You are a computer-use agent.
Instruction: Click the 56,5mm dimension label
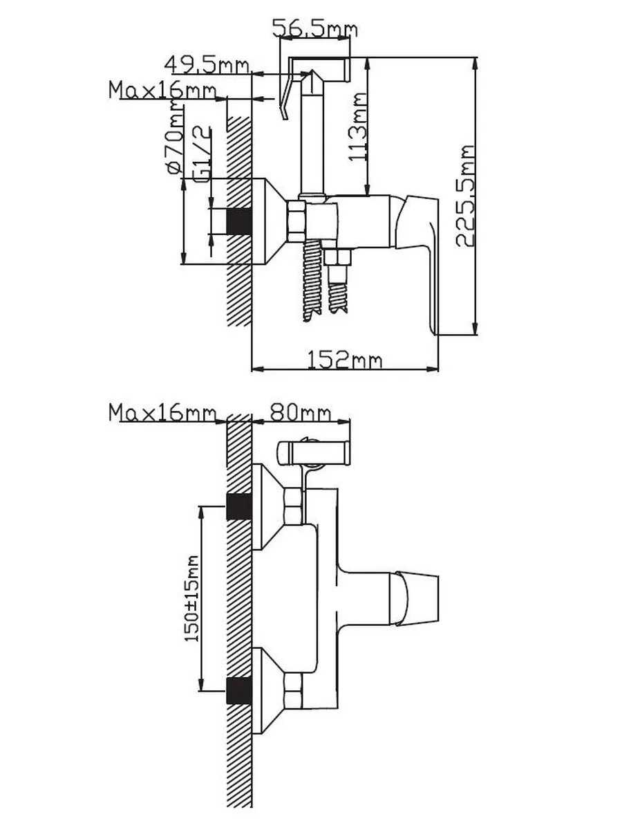point(314,29)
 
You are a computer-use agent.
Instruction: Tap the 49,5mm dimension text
point(207,65)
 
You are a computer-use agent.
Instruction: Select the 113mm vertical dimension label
point(357,127)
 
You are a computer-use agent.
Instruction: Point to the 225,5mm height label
point(464,196)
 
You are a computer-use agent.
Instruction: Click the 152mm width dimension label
point(345,360)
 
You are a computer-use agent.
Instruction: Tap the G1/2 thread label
point(204,155)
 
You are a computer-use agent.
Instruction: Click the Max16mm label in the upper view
point(163,91)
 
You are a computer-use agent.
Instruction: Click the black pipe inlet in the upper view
point(239,221)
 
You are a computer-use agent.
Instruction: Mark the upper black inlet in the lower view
point(239,507)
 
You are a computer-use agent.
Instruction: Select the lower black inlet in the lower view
point(239,691)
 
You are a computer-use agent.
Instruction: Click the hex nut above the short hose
point(337,258)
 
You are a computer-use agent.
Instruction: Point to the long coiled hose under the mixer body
point(313,280)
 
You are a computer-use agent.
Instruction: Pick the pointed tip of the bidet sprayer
point(312,71)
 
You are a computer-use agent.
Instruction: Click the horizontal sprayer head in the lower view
point(314,452)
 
